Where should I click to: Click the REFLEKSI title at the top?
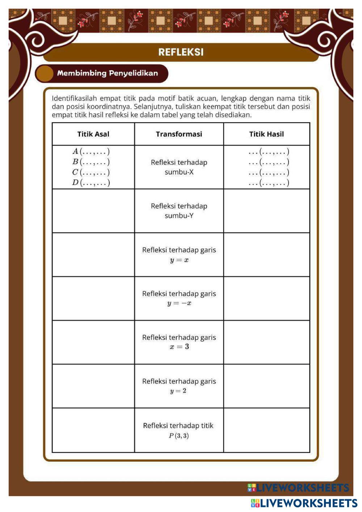[x=181, y=52]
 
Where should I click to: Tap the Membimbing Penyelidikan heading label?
[x=107, y=73]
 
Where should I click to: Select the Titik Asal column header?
[x=93, y=134]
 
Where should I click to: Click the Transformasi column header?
[x=179, y=134]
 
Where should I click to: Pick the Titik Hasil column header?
[x=266, y=134]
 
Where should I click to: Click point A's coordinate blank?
[x=94, y=151]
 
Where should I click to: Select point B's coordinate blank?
[x=94, y=162]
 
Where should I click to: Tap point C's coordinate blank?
[x=94, y=172]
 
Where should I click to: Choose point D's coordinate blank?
[x=94, y=182]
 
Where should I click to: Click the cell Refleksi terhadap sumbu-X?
[x=179, y=167]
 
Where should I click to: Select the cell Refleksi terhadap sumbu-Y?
[x=179, y=211]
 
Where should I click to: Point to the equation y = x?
[x=179, y=260]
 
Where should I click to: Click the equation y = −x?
[x=179, y=303]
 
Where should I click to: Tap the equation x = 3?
[x=179, y=347]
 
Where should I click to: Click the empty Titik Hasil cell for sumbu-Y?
[x=266, y=211]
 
